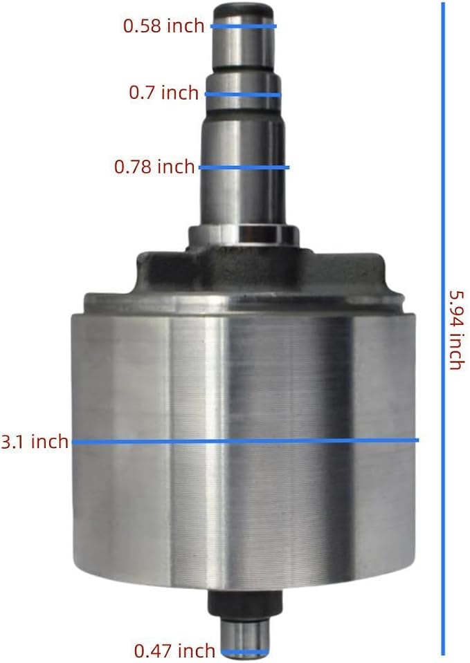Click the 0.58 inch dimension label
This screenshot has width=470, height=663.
(163, 26)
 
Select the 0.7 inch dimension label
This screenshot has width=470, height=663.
(163, 93)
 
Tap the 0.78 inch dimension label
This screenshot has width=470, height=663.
(154, 167)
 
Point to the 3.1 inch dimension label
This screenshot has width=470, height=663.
(35, 442)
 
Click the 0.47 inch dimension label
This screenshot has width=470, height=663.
(174, 651)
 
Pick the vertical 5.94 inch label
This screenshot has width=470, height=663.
(456, 330)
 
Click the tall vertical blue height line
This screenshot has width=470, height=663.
(443, 328)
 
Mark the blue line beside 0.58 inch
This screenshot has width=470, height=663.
(244, 26)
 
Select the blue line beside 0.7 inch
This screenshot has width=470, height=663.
(243, 94)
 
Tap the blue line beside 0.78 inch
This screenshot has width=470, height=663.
(244, 167)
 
